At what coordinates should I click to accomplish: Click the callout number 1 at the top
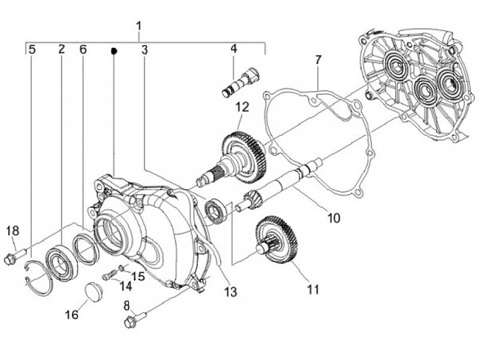[x=139, y=26]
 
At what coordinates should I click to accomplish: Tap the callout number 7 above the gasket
[x=318, y=60]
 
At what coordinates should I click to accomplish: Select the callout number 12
[x=242, y=107]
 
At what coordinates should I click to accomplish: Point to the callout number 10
[x=333, y=218]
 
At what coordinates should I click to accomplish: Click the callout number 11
[x=313, y=289]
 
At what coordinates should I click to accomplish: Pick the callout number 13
[x=231, y=292]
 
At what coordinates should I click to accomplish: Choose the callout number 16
[x=72, y=315]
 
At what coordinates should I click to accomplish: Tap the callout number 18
[x=13, y=231]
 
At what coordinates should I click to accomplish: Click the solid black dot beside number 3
[x=114, y=51]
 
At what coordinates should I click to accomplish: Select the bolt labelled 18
[x=16, y=256]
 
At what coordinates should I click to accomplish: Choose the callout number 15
[x=138, y=276]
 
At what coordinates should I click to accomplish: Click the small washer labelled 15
[x=121, y=268]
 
